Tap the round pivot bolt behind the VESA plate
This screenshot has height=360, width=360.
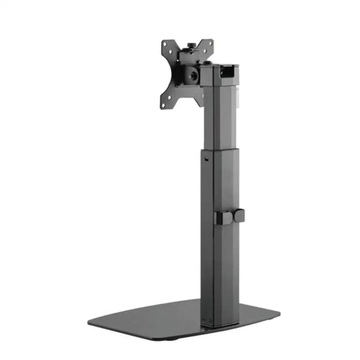[x=193, y=74]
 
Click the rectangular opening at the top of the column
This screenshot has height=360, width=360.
[x=228, y=70]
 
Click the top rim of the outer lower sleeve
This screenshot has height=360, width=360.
[x=221, y=152]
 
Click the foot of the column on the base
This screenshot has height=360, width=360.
[x=217, y=320]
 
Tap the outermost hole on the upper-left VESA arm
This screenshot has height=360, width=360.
[x=165, y=45]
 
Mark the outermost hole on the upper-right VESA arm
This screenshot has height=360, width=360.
[x=209, y=42]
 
